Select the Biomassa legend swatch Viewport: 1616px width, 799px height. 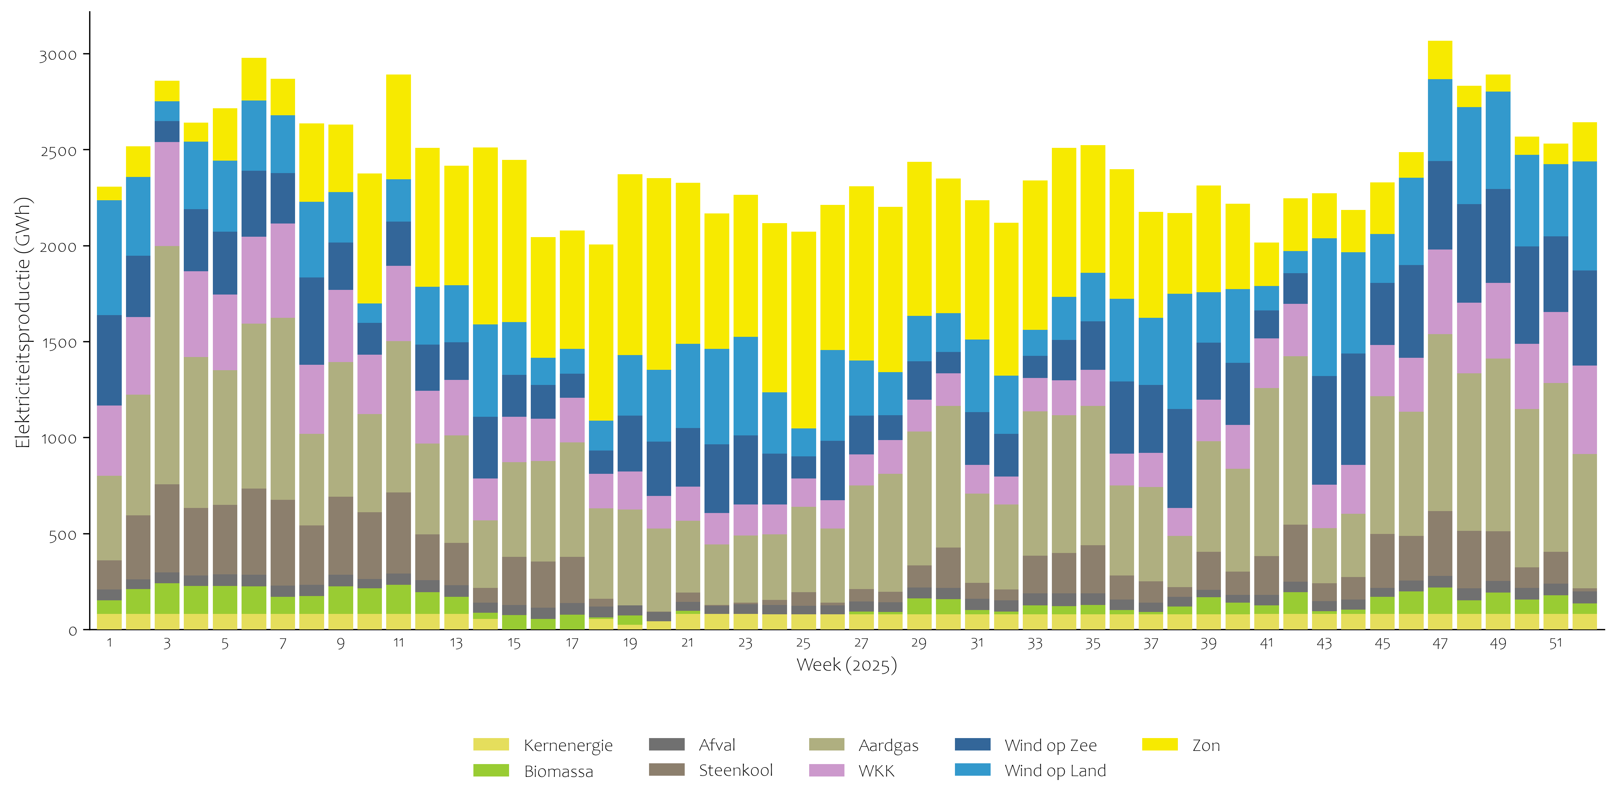(x=491, y=771)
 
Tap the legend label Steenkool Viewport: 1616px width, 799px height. (x=735, y=770)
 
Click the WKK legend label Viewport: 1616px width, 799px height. (x=876, y=771)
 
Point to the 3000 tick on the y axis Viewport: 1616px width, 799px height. (x=58, y=55)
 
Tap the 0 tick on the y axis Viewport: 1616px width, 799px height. (x=73, y=631)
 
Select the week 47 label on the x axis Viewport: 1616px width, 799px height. (x=1440, y=643)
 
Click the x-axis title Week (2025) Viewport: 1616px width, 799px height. (x=846, y=665)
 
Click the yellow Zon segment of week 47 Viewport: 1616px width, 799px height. (x=1440, y=60)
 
